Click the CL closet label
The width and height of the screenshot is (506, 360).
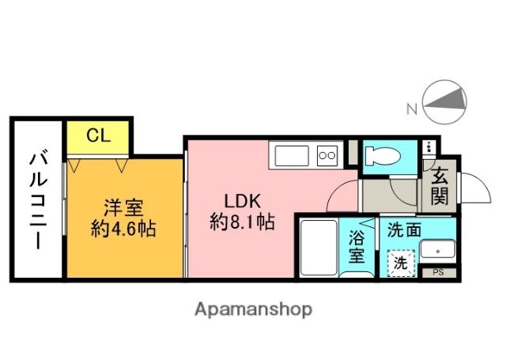point(98,135)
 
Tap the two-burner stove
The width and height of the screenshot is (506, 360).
point(327,155)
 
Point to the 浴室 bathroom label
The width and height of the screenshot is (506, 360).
point(357,245)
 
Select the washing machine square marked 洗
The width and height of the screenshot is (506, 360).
point(401,263)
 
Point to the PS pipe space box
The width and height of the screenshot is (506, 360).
point(439,273)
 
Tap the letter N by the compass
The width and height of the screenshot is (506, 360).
point(410,109)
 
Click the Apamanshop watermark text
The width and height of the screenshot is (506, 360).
point(252,309)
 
